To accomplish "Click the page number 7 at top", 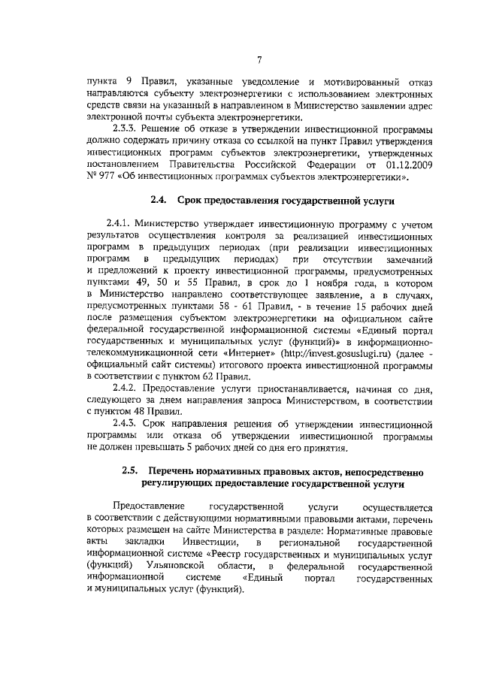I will click(x=258, y=60).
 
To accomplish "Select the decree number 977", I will click(x=107, y=177).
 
